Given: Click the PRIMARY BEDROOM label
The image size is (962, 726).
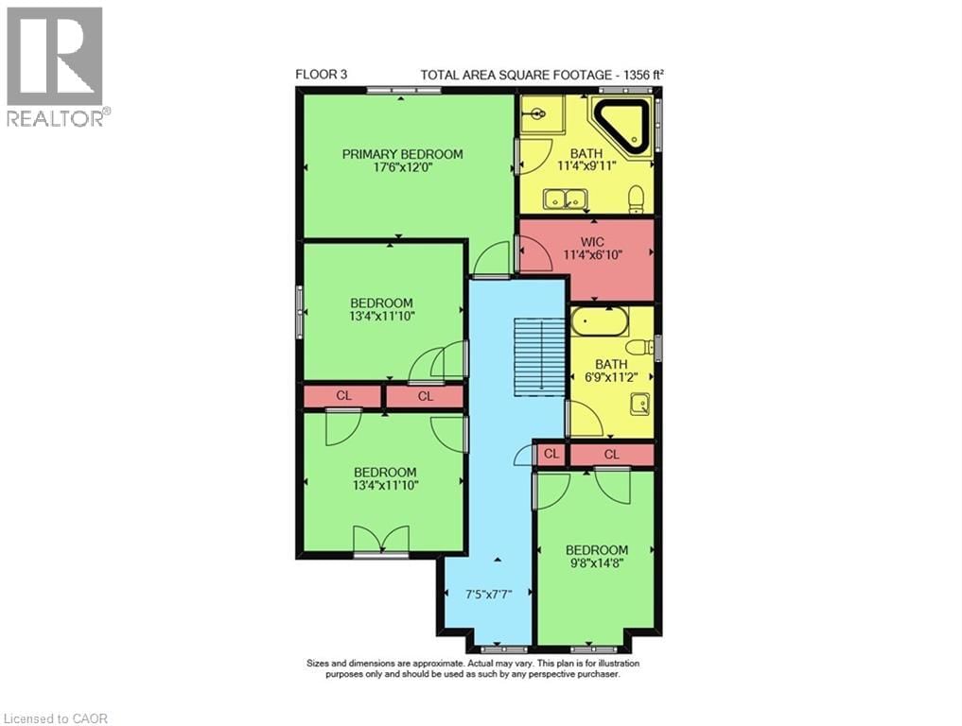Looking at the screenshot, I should pos(402,154).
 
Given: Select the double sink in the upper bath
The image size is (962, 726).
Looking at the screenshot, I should pos(564,199).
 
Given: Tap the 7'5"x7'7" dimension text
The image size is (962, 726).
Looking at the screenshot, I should pos(487,596).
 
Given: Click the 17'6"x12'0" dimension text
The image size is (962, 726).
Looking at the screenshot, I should pos(402,169).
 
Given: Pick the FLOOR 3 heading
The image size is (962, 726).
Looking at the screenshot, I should pos(321,74).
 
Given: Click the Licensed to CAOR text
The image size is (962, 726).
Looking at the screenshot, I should pos(56,718).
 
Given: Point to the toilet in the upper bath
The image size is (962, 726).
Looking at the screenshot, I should pos(637,198).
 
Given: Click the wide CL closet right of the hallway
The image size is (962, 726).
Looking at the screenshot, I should pos(611,455).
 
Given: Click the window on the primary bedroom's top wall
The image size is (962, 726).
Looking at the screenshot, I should pos(404,91).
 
